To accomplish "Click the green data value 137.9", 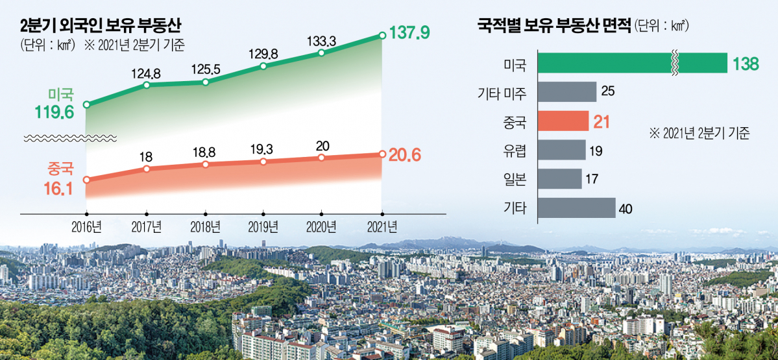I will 409,32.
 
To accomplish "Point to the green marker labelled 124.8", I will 147,84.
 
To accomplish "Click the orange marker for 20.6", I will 382,154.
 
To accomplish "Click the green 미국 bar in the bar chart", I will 633,63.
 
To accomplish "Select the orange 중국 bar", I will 563,121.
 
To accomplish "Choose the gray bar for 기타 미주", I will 567,91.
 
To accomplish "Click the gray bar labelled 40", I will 576,208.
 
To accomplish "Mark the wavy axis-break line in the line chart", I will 70,138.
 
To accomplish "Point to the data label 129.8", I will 263,54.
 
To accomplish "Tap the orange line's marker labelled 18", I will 147,169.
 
